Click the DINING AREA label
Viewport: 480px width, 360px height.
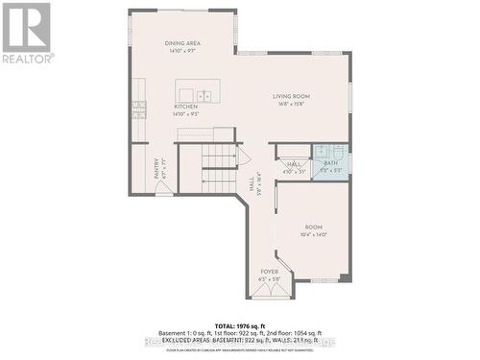[x=181, y=43]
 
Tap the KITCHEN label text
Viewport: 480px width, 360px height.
[x=185, y=107]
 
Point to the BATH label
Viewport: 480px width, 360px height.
[x=329, y=164]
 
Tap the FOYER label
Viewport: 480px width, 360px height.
[x=270, y=273]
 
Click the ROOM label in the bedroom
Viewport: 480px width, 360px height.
[x=314, y=228]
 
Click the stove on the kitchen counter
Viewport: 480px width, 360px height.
[x=139, y=108]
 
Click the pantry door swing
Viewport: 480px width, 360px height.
[x=164, y=189]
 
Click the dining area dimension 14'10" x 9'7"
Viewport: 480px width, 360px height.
[x=181, y=50]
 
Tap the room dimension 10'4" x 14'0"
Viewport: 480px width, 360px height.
[x=314, y=234]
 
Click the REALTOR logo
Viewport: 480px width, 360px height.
[x=26, y=33]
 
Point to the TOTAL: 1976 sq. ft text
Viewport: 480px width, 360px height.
[x=239, y=326]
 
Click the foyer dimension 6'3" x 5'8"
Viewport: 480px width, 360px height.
[x=270, y=279]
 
